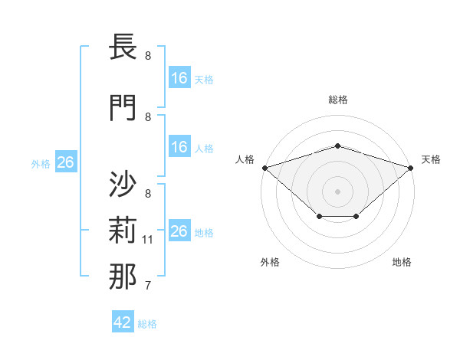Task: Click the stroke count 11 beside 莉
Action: pyautogui.click(x=148, y=240)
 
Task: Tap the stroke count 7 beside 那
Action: pyautogui.click(x=148, y=286)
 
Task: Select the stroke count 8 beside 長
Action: pyautogui.click(x=148, y=56)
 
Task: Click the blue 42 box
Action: pyautogui.click(x=123, y=322)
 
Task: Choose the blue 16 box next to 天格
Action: pyautogui.click(x=179, y=78)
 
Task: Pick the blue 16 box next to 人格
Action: pyautogui.click(x=179, y=147)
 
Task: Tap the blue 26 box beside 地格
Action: pyautogui.click(x=179, y=231)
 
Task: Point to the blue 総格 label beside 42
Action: pyautogui.click(x=147, y=324)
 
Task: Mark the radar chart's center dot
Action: pyautogui.click(x=337, y=191)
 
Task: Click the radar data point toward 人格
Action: pyautogui.click(x=264, y=167)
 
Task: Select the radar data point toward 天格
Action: pyautogui.click(x=410, y=167)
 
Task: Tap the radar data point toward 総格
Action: pyautogui.click(x=337, y=146)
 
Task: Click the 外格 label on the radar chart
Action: pyautogui.click(x=270, y=262)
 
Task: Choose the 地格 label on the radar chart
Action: pyautogui.click(x=402, y=262)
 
